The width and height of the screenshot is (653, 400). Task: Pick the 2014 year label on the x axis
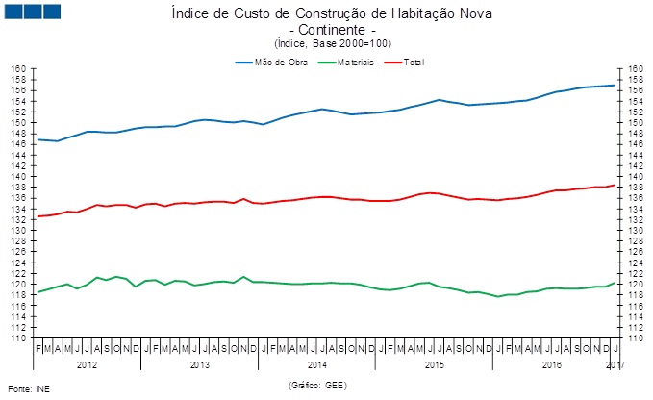click(x=318, y=365)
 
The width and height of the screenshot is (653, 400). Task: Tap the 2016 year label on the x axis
click(x=552, y=365)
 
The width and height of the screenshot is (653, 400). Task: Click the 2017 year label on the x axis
click(x=615, y=365)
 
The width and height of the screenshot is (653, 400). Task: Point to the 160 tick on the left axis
click(x=17, y=69)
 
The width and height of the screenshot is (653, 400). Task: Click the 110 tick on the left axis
click(x=17, y=338)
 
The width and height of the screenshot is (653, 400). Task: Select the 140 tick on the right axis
click(x=635, y=177)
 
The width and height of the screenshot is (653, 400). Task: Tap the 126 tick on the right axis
click(x=635, y=252)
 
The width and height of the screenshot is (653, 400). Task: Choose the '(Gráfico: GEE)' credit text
click(x=316, y=384)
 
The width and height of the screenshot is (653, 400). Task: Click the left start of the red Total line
click(x=38, y=216)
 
